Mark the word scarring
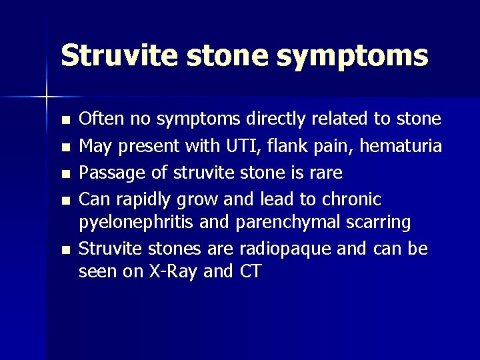pyautogui.click(x=377, y=222)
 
